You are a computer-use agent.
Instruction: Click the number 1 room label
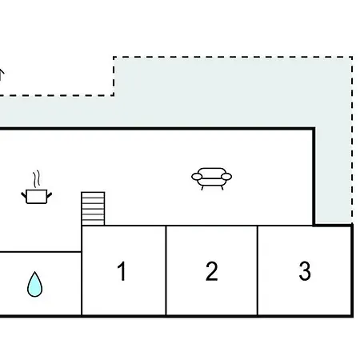click(122, 271)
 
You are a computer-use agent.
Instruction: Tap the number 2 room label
click(212, 271)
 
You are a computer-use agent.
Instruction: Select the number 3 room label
click(305, 271)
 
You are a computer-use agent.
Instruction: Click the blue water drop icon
click(34, 285)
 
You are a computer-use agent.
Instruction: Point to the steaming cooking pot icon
click(37, 187)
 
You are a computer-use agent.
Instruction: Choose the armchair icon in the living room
click(212, 178)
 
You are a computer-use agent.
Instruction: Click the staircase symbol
click(93, 209)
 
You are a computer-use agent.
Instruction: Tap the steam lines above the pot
click(37, 178)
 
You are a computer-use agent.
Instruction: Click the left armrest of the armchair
click(197, 177)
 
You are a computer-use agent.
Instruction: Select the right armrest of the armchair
click(226, 177)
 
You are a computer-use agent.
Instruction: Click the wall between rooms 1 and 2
click(166, 270)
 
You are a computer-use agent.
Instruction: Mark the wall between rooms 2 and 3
click(258, 270)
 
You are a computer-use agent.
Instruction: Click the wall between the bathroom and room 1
click(82, 270)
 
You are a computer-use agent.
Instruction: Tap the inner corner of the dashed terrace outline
click(114, 95)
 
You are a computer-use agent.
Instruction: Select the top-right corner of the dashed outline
click(352, 57)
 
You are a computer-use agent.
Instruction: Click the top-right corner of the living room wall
click(314, 129)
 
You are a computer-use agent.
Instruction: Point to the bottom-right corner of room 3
click(352, 316)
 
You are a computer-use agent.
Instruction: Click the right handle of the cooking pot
click(50, 195)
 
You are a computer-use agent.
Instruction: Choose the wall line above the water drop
click(41, 251)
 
